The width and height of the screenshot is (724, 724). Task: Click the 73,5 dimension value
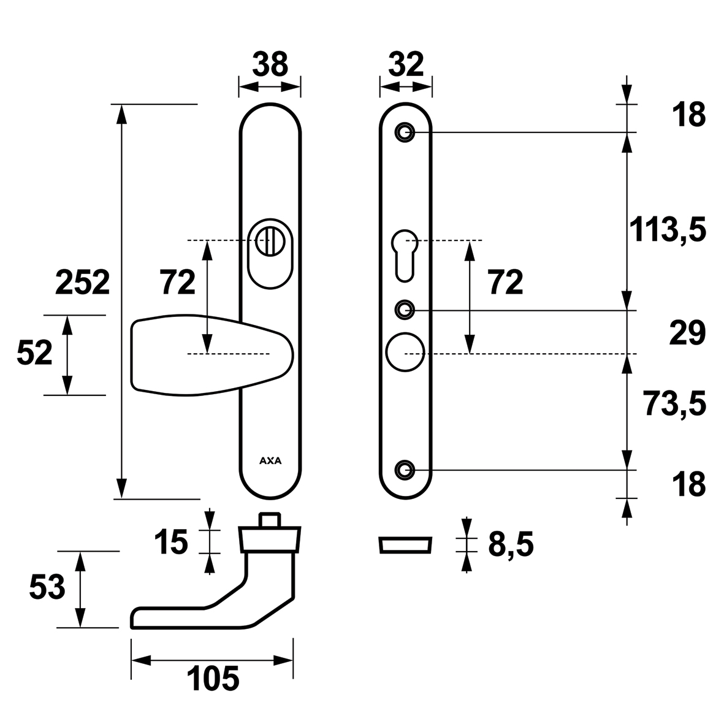[x=674, y=403]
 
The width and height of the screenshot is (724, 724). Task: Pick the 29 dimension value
[x=687, y=333]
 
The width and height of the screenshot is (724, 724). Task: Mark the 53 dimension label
[x=47, y=588]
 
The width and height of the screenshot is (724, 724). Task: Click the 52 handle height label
[x=34, y=354]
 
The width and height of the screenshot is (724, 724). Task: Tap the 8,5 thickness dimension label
[x=511, y=545]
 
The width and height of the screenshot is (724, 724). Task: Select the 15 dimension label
[x=171, y=542]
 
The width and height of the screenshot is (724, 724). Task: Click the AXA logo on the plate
[x=270, y=461]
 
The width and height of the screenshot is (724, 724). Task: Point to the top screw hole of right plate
[x=405, y=132]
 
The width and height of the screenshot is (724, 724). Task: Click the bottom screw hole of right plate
[x=405, y=470]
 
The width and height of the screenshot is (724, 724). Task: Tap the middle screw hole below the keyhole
[x=405, y=310]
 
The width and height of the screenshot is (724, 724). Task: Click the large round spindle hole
[x=405, y=352]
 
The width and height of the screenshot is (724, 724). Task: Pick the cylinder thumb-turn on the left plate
[x=270, y=242]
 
